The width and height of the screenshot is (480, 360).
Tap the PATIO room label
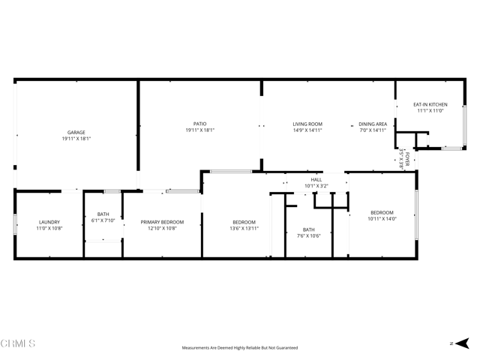coord(199,124)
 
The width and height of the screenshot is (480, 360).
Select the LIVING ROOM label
coord(307,124)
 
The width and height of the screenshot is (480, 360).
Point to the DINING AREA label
coord(372,124)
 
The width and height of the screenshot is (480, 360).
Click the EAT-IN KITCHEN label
coord(430,104)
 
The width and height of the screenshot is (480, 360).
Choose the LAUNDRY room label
coord(49,222)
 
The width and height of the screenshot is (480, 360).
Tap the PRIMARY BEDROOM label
coord(163,222)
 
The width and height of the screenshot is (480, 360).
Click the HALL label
coord(316,180)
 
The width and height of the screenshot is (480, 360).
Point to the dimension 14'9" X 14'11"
coord(307,130)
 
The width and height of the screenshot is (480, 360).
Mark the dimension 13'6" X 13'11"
coord(244,228)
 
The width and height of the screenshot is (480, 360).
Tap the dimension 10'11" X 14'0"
coord(381,219)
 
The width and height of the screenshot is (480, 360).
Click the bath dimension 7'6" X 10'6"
coord(308,235)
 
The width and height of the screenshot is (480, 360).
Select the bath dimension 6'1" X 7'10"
coord(103,220)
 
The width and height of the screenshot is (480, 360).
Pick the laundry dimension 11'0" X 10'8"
coord(49,228)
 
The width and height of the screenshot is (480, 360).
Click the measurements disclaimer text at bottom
coord(240,348)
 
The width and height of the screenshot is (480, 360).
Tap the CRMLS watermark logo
coord(18,343)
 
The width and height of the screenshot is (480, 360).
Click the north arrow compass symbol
coord(459,343)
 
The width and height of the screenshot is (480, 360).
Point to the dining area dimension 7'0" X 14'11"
coord(372,130)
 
